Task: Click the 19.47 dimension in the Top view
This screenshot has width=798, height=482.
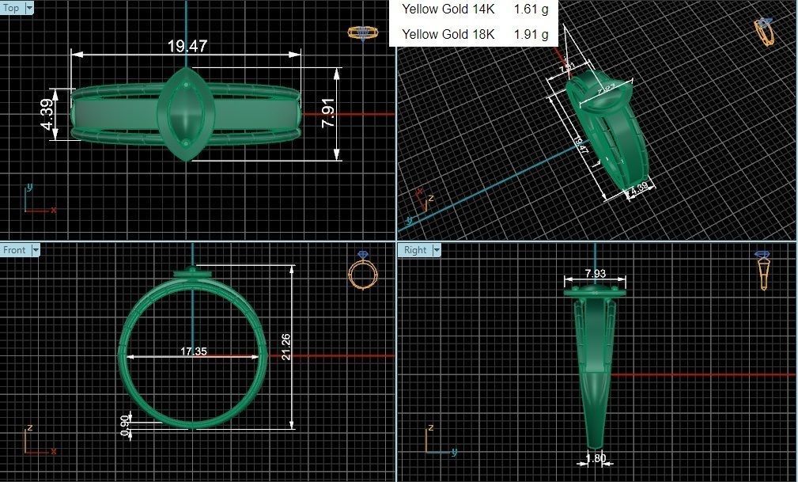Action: click(x=187, y=46)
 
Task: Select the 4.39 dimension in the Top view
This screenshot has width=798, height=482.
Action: click(x=48, y=115)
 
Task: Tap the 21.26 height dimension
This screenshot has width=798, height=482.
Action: click(x=286, y=347)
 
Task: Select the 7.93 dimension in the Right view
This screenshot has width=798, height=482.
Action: click(x=595, y=274)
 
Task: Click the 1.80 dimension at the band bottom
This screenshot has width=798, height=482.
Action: click(x=596, y=457)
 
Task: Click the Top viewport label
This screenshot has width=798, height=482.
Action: click(x=12, y=8)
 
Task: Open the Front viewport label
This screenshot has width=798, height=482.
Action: click(x=14, y=250)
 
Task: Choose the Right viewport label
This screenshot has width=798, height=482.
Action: click(x=414, y=250)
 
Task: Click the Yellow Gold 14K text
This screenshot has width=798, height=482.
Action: click(x=448, y=9)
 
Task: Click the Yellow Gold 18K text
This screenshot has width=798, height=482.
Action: click(x=448, y=34)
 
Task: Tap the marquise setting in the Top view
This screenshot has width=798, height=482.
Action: click(x=187, y=114)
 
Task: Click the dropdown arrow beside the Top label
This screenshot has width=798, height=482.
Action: click(x=29, y=8)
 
